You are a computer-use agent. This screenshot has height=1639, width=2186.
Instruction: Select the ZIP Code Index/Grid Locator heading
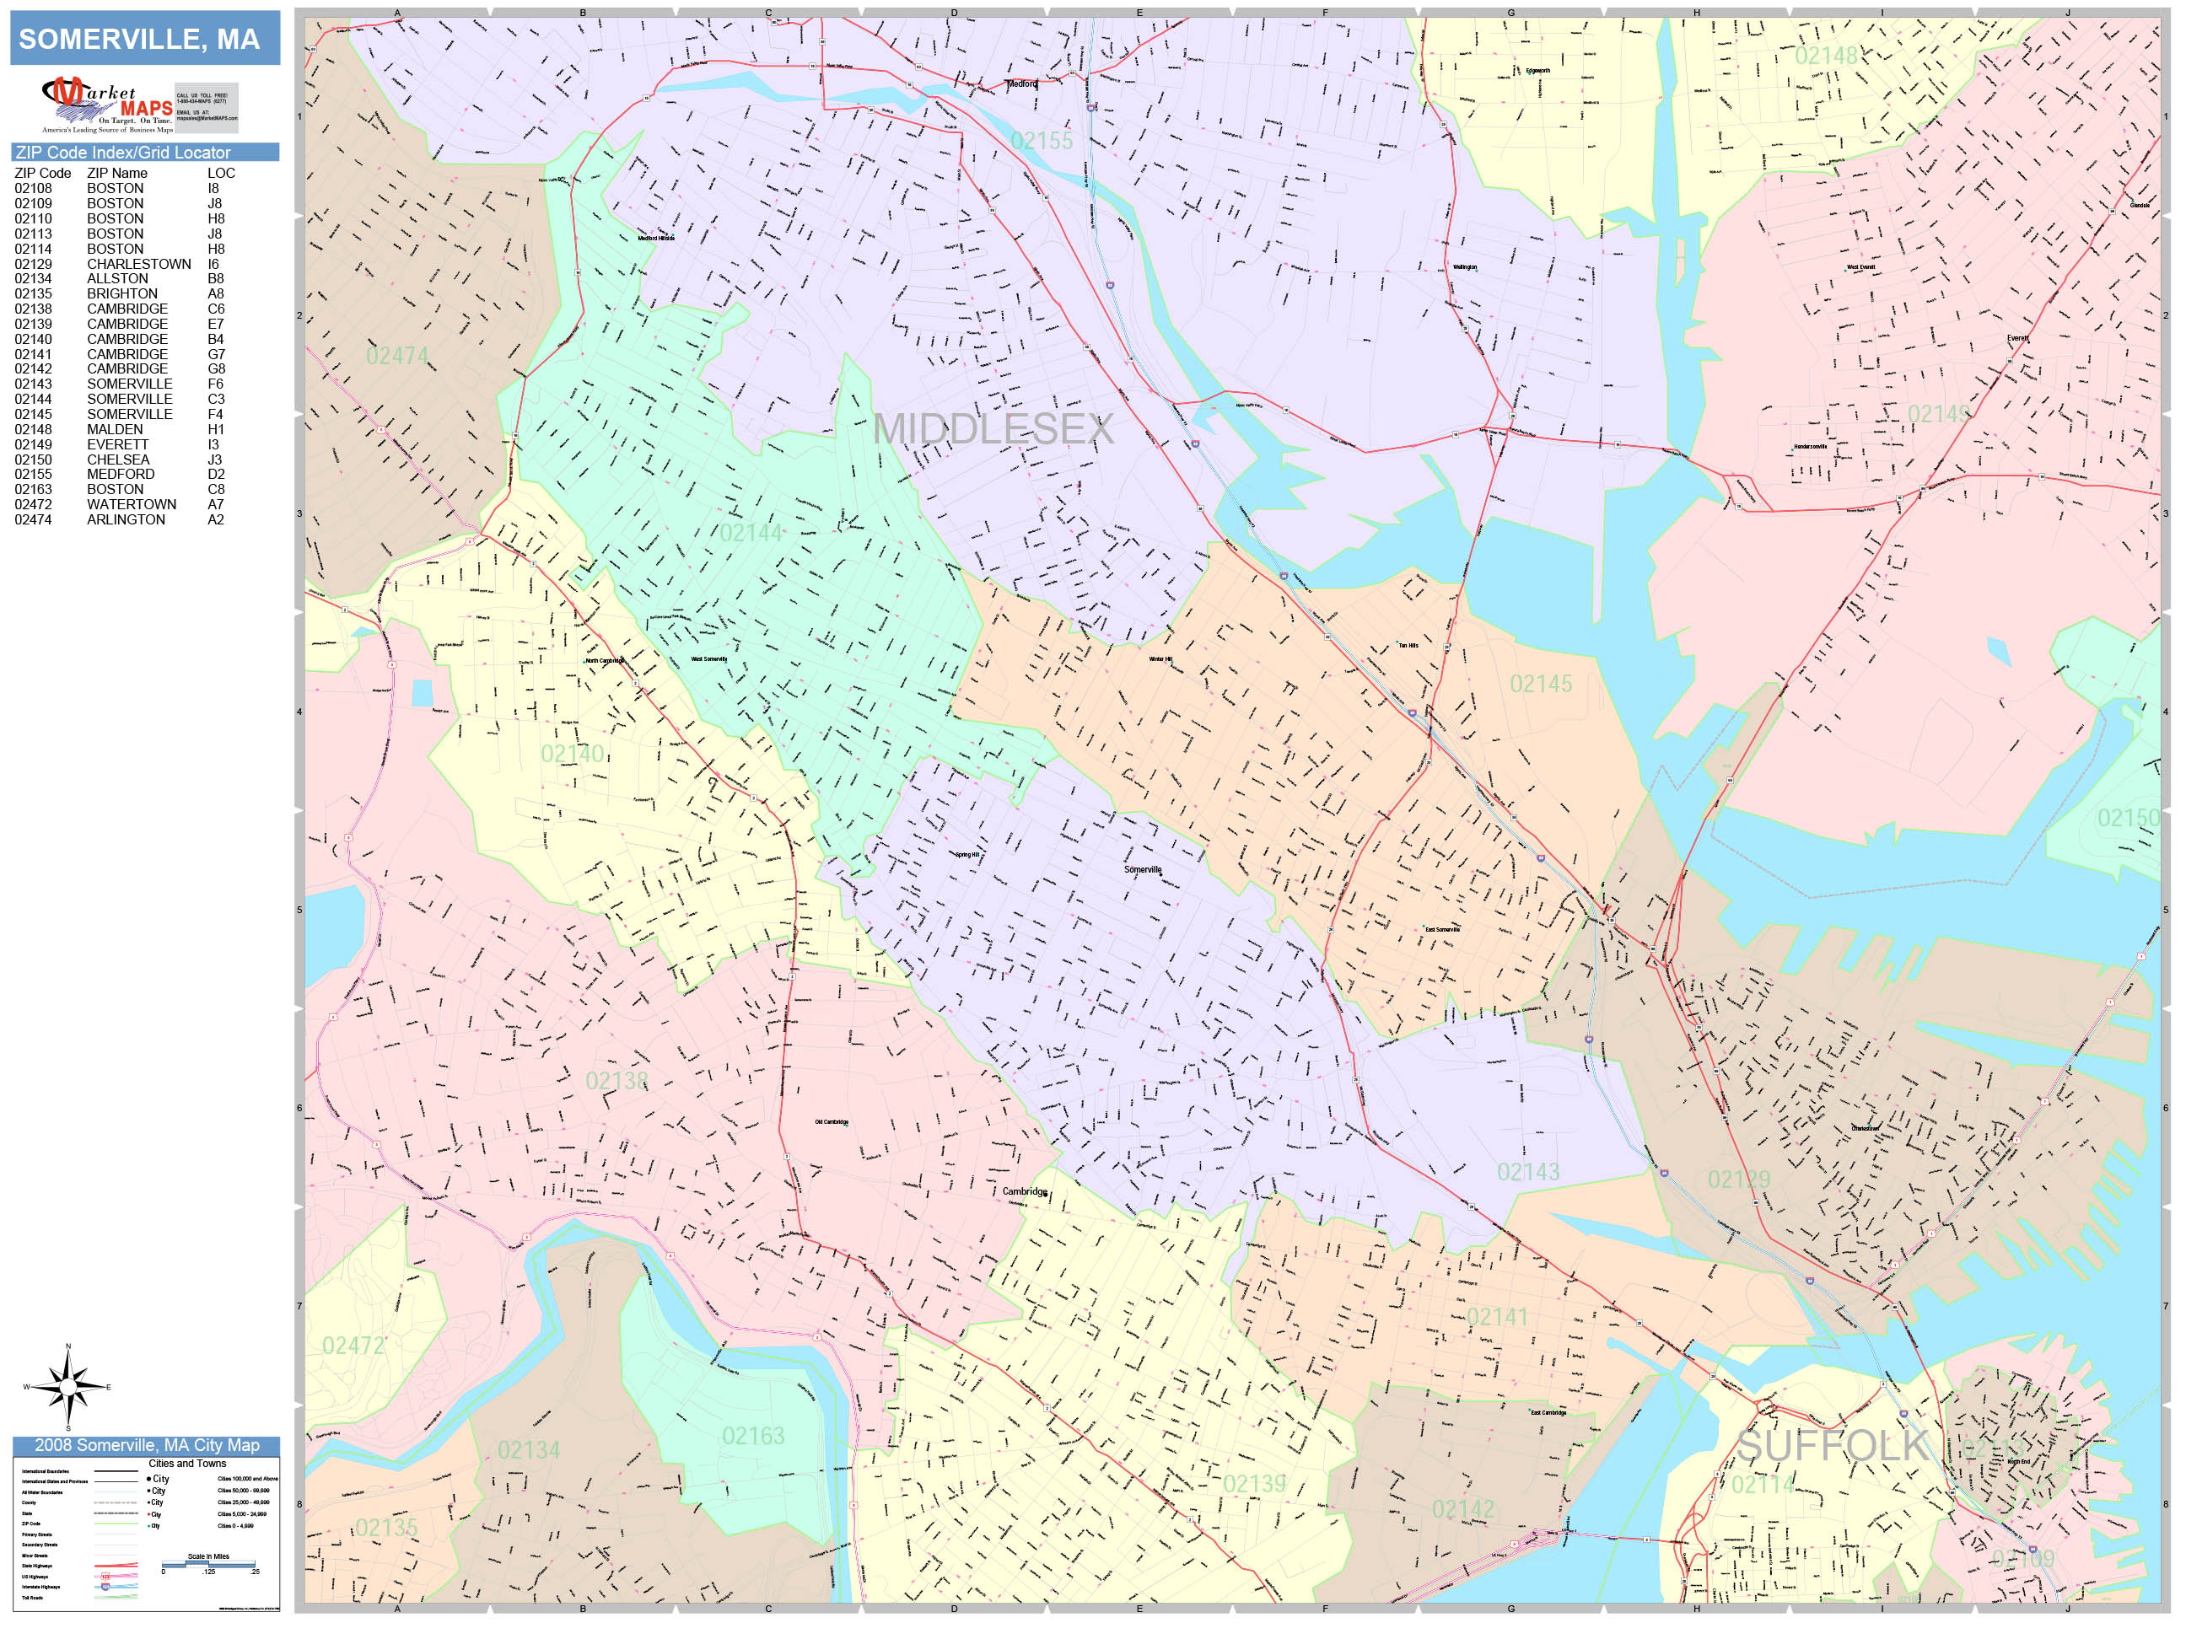[x=122, y=152]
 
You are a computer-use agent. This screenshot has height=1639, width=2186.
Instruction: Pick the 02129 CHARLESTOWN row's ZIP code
[x=33, y=264]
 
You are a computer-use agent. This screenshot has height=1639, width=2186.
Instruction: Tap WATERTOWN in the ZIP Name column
[x=132, y=504]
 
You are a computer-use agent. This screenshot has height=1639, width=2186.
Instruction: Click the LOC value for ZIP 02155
[x=215, y=474]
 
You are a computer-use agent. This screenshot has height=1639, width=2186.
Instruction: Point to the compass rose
[x=67, y=1387]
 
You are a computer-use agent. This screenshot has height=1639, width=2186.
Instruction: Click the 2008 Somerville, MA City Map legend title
[x=146, y=1445]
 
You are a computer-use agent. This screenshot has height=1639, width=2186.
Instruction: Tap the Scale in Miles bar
[x=209, y=1564]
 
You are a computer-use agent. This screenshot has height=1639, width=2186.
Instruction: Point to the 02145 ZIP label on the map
[x=1540, y=684]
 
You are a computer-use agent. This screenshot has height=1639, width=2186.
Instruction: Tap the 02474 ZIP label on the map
[x=396, y=356]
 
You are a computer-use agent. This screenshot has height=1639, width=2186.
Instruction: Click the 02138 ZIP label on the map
[x=616, y=1081]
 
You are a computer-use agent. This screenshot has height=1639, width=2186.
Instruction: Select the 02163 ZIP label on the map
[x=752, y=1436]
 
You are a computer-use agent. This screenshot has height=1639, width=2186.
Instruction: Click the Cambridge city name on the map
[x=1024, y=1191]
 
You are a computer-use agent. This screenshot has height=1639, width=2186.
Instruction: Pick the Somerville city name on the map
[x=1143, y=869]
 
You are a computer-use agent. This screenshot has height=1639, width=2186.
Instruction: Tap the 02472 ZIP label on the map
[x=353, y=1345]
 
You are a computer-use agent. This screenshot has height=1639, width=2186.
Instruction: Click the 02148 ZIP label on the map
[x=1825, y=56]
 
